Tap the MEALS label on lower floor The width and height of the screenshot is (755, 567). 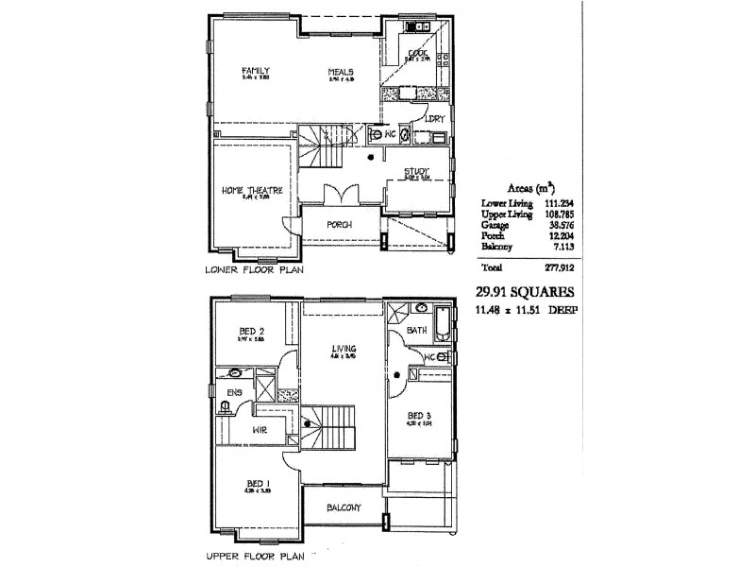pos(341,72)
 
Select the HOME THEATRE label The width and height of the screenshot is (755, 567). pos(246,190)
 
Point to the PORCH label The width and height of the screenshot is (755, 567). pos(339,225)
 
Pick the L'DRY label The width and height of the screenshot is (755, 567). pos(435,119)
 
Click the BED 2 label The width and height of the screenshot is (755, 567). pos(251,330)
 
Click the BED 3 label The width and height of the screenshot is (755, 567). pos(419,415)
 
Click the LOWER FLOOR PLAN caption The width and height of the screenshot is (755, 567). pos(254,270)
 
